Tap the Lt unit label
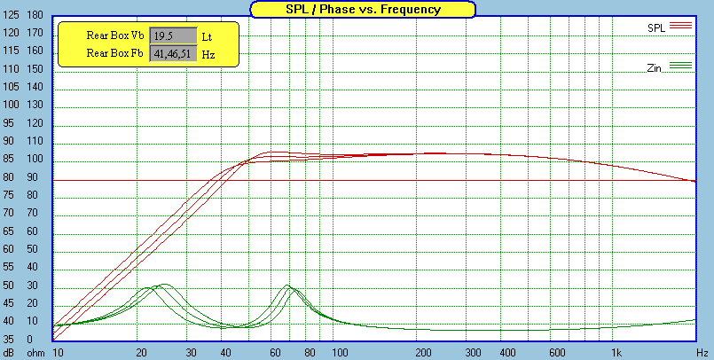(208, 36)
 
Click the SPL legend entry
(656, 27)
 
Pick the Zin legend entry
(657, 67)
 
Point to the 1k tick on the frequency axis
(616, 353)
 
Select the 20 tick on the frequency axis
(142, 353)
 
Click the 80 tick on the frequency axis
(311, 353)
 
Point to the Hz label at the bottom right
(702, 353)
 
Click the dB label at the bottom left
(10, 353)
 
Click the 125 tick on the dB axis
(12, 16)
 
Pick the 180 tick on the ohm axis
(35, 16)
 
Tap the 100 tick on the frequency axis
(339, 353)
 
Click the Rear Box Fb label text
(115, 54)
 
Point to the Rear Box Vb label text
(115, 36)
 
